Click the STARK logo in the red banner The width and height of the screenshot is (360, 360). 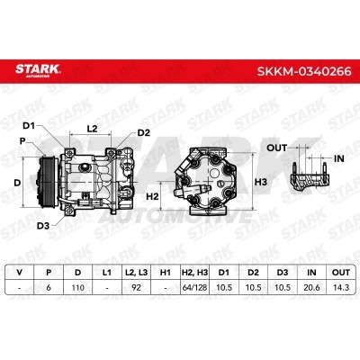coord(38,70)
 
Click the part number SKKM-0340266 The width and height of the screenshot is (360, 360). coord(304,72)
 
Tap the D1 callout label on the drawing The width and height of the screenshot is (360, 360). coord(29,126)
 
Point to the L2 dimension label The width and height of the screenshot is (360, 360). coord(92,129)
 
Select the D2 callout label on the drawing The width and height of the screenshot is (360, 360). coord(143,132)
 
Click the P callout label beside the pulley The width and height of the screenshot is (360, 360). coord(22,141)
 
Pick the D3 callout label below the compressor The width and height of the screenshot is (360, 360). coord(43,226)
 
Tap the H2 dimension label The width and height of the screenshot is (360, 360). coord(152,196)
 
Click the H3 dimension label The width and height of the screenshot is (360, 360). coord(260,182)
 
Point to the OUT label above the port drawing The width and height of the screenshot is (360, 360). coord(276,148)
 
